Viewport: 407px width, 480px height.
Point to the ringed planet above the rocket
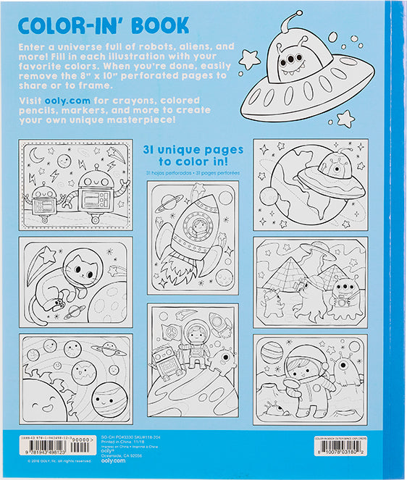click(x=167, y=199)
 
